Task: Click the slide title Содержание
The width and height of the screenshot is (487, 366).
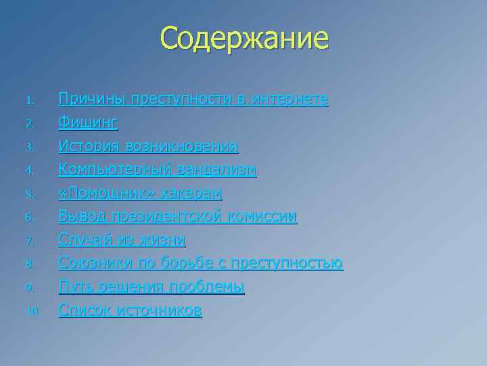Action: click(x=244, y=38)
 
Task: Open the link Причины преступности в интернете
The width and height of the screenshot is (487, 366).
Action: click(x=193, y=100)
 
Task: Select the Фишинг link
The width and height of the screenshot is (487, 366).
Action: click(x=89, y=123)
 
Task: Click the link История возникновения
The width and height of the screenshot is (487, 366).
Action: click(x=148, y=146)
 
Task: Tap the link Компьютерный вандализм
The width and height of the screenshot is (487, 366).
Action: click(x=158, y=169)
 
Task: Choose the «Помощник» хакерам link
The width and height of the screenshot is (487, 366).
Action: click(x=141, y=193)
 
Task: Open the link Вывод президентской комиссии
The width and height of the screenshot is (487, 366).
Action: click(x=178, y=217)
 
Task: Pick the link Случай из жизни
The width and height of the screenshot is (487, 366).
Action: click(x=122, y=240)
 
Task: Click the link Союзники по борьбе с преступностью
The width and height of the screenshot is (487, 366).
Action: click(x=201, y=264)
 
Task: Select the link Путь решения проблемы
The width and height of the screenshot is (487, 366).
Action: click(x=152, y=287)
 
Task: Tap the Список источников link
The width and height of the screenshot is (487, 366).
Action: click(x=131, y=310)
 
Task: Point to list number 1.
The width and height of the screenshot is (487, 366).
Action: click(x=30, y=101)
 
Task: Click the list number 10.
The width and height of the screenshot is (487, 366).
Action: click(x=32, y=312)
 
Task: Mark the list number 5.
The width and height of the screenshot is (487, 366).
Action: click(x=30, y=195)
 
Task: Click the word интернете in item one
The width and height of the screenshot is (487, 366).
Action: click(x=289, y=100)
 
